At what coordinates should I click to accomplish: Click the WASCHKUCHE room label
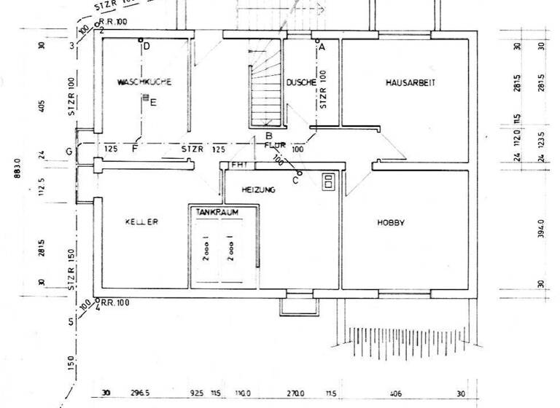point(144,83)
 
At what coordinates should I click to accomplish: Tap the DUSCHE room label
point(300,83)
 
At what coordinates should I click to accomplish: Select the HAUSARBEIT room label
point(410,83)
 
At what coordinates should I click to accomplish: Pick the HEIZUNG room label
point(259,189)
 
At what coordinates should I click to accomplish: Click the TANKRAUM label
point(217,211)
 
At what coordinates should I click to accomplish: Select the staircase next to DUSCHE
point(265,93)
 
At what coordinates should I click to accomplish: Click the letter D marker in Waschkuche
point(146,47)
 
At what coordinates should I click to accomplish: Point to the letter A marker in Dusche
point(321,46)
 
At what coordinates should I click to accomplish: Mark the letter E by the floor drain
point(153,103)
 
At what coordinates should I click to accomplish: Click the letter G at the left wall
point(69,151)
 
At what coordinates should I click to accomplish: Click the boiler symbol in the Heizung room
point(329,181)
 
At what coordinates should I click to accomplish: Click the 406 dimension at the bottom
point(396,393)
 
